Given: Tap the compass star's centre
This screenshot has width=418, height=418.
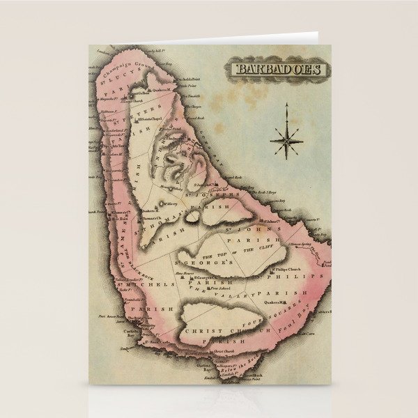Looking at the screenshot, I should pos(287,140).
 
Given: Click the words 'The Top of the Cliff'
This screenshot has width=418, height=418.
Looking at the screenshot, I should pos(233,251).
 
